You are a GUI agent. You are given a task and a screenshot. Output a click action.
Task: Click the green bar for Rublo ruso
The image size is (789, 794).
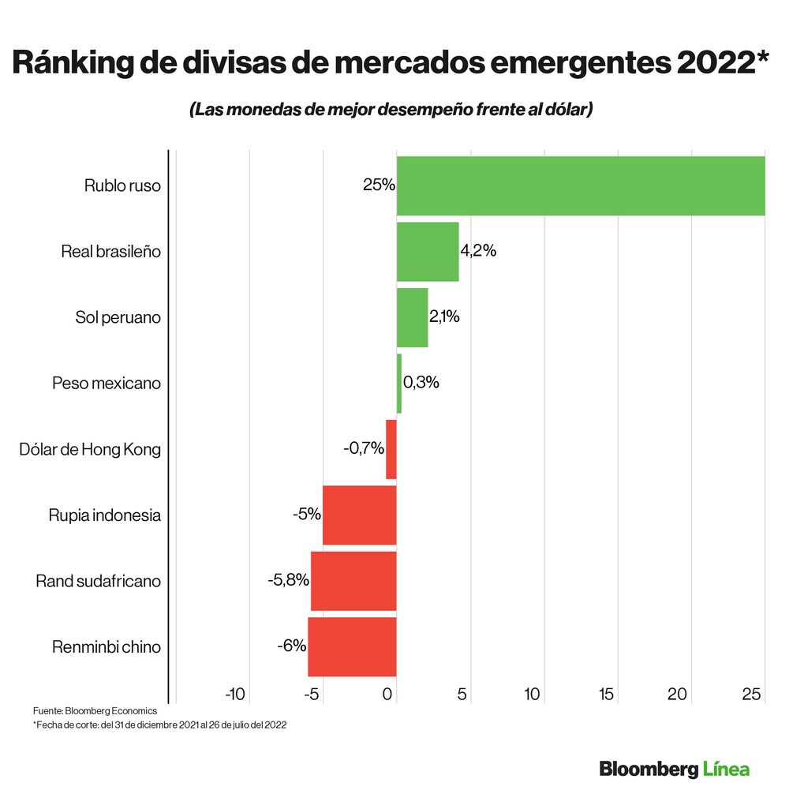click(x=580, y=186)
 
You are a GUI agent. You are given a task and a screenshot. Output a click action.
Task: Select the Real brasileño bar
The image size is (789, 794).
click(x=428, y=252)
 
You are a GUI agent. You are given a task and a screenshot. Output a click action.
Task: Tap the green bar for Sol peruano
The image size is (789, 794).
click(x=412, y=317)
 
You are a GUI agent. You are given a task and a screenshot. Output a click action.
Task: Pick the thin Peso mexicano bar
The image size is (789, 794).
click(x=399, y=384)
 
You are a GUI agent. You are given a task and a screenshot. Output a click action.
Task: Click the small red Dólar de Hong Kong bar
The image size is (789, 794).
click(x=391, y=449)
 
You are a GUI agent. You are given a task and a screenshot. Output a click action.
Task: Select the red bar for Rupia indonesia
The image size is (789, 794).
click(x=359, y=515)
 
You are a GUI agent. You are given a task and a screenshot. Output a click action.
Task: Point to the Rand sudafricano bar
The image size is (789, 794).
click(x=353, y=581)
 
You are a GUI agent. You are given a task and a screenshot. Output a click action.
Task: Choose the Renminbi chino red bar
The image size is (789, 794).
click(x=352, y=647)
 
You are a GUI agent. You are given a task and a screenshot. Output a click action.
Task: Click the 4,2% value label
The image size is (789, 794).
click(x=478, y=252)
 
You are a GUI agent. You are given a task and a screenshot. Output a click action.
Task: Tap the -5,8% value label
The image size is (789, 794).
click(x=288, y=580)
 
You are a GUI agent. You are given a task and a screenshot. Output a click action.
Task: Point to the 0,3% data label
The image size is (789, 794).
click(x=421, y=383)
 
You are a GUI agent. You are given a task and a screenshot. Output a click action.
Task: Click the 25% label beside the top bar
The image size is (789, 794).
click(x=379, y=186)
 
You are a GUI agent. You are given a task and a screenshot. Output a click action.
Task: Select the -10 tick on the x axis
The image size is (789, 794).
click(x=235, y=695)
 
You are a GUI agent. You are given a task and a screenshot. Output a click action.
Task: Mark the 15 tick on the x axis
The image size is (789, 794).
click(x=606, y=695)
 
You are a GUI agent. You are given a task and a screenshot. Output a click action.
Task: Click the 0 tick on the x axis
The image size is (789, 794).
click(x=388, y=695)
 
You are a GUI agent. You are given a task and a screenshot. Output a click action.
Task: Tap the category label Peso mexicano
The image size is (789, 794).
click(x=107, y=384)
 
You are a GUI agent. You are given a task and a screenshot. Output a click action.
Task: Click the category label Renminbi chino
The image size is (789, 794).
click(x=107, y=647)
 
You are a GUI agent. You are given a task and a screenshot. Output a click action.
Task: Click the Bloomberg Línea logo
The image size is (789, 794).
click(x=674, y=768)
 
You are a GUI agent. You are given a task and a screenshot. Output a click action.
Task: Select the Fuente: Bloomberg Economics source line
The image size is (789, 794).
click(x=95, y=711)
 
